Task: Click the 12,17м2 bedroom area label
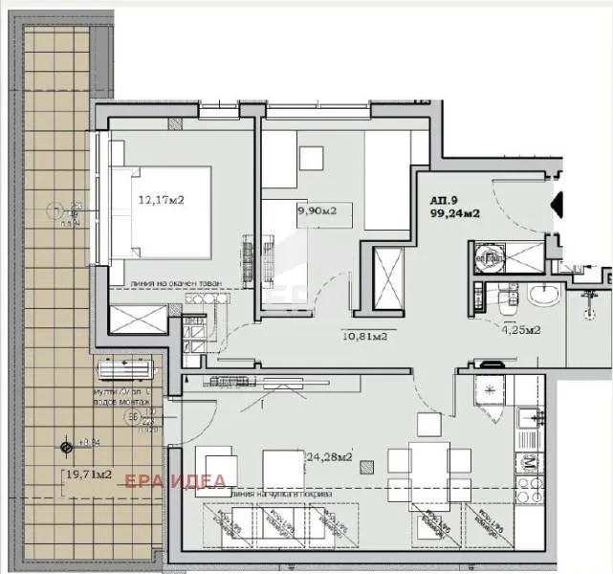[x=162, y=201]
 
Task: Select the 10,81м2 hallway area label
[x=364, y=336]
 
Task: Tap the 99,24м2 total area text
[x=455, y=214]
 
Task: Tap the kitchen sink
[x=527, y=418]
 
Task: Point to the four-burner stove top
[x=528, y=466]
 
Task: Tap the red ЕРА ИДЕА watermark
[x=176, y=480]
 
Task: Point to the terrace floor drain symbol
[x=66, y=446]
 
